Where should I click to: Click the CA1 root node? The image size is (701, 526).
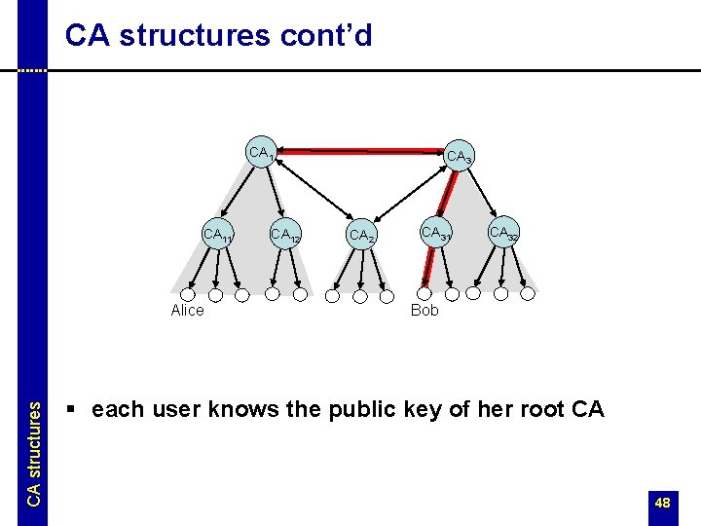(262, 153)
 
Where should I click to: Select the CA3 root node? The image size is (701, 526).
(459, 157)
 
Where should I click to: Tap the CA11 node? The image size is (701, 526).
(216, 235)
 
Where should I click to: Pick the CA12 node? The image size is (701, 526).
(284, 235)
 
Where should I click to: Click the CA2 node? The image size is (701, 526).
(360, 236)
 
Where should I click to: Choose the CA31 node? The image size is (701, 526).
(434, 233)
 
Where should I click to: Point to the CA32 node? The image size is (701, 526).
(502, 233)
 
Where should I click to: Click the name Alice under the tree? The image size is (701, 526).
(187, 311)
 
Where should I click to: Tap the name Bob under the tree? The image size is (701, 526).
(424, 311)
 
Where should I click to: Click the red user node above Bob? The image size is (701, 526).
(424, 292)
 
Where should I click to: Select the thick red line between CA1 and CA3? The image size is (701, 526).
(360, 152)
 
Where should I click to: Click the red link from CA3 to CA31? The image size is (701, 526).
(447, 195)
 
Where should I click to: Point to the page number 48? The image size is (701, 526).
(662, 503)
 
